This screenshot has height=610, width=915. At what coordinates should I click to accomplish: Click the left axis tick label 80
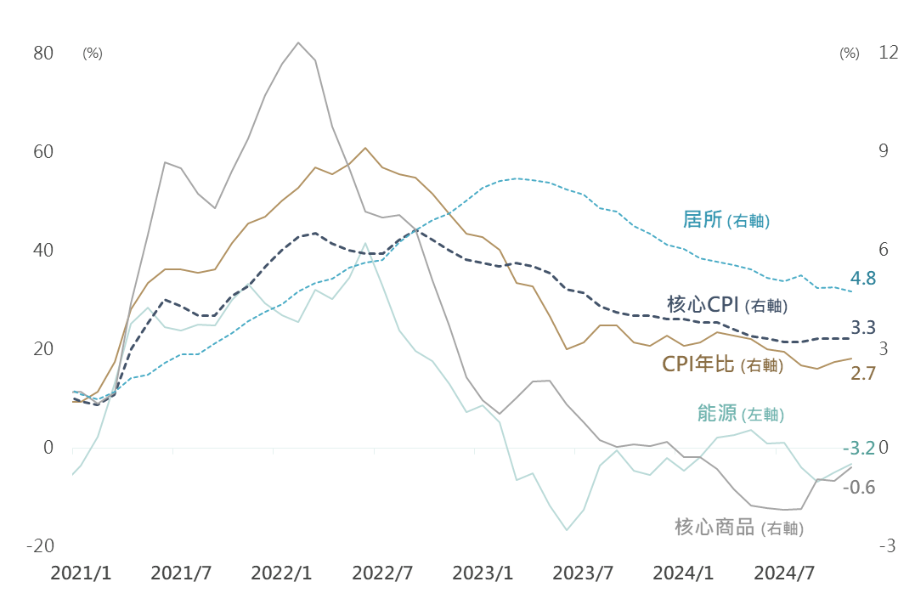(x=43, y=54)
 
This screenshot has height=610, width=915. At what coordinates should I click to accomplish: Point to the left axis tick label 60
(x=43, y=152)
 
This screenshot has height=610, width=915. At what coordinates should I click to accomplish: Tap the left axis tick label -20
(x=39, y=546)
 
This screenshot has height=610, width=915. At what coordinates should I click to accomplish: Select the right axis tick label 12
(x=865, y=54)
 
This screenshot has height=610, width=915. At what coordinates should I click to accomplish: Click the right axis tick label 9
(x=859, y=152)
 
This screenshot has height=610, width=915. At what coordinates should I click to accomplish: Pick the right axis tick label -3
(x=862, y=546)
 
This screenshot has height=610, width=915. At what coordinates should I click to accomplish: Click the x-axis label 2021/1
(x=81, y=573)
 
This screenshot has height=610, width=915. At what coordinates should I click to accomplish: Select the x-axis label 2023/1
(x=482, y=573)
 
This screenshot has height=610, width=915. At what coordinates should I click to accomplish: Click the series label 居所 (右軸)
(x=726, y=220)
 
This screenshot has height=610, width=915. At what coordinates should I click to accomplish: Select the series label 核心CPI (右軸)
(x=727, y=305)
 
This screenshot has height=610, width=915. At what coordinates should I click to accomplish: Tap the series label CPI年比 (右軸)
(x=722, y=365)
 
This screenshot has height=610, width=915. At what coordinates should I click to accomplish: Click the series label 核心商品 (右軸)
(x=738, y=528)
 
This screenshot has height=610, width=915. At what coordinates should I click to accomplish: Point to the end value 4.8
(x=862, y=279)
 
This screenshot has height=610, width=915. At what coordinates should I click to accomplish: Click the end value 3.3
(x=862, y=328)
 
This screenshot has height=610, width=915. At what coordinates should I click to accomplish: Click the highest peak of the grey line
(x=298, y=42)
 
